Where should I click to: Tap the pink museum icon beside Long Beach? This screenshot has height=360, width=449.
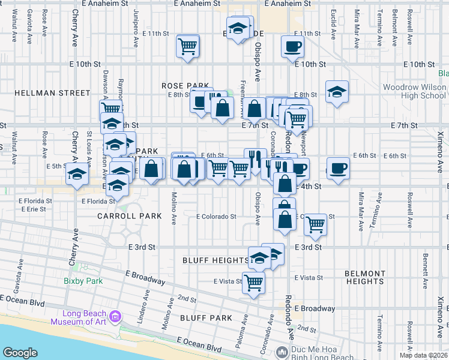coord(116,315)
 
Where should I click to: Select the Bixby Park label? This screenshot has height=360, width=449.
coord(83,281)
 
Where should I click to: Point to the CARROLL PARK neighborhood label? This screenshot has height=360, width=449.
coord(132,215)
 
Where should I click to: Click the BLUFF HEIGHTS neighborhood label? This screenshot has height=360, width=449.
coord(215,260)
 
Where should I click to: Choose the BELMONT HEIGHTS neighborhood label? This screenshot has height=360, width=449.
coord(365,277)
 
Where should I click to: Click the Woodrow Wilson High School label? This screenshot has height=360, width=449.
coord(415,91)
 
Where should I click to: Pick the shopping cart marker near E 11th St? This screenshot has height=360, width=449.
coord(188,46)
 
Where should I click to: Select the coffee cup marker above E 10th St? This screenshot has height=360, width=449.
coord(293,46)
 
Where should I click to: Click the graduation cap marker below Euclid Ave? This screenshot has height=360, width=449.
coord(337,92)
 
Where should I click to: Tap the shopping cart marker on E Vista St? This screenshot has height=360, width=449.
coord(254,282)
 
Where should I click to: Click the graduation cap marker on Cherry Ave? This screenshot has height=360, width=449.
coord(77,175)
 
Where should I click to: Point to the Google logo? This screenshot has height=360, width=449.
coord(20,353)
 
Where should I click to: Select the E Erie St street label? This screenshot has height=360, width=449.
coord(32,209)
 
